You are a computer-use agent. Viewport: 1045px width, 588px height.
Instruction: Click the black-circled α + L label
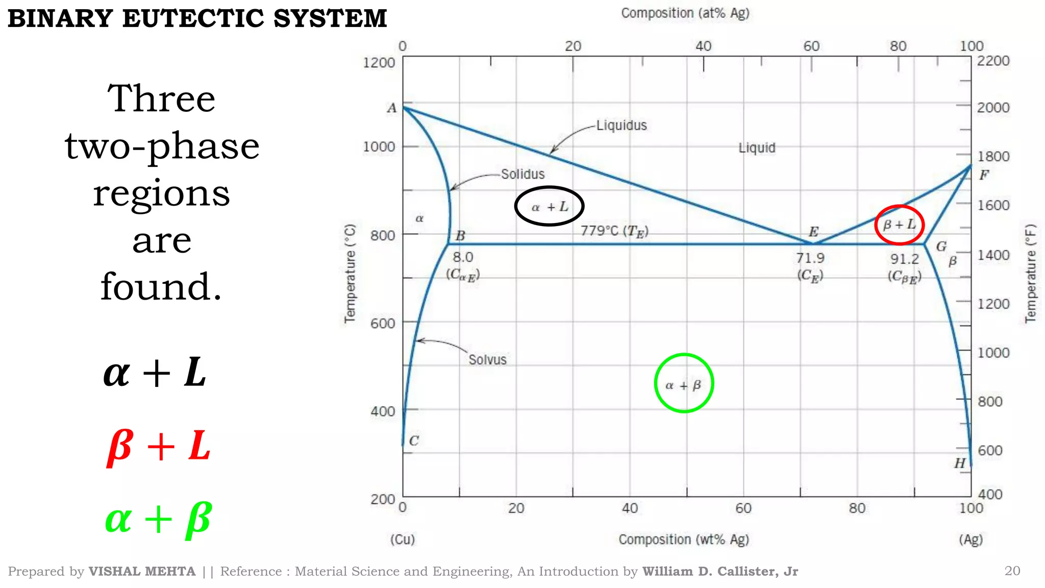[550, 207]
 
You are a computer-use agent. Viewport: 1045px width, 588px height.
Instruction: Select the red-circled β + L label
[900, 225]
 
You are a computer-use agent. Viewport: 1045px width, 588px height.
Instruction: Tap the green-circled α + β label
[684, 384]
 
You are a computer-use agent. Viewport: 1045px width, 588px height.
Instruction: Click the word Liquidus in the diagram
[621, 126]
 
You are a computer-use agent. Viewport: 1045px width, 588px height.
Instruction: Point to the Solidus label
[522, 174]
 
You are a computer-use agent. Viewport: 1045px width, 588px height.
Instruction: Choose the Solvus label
[487, 360]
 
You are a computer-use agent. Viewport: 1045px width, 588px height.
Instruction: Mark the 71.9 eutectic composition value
[810, 258]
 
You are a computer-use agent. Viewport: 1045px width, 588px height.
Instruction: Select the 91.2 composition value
[905, 259]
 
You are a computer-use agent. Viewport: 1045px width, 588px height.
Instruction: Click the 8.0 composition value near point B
[463, 257]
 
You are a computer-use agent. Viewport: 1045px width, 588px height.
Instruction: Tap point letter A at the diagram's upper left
[391, 108]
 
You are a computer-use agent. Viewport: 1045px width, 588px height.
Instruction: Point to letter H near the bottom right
[960, 463]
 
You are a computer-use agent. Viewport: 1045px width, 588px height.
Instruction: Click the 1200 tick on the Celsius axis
[379, 63]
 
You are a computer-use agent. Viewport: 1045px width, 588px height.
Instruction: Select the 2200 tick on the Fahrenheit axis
[993, 61]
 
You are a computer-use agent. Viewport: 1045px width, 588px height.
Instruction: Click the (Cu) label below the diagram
[403, 540]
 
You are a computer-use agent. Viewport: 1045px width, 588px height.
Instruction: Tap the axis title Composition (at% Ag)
[685, 13]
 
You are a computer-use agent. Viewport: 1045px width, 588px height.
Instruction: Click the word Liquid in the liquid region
[757, 148]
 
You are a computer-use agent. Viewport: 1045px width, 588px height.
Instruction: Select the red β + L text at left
[158, 446]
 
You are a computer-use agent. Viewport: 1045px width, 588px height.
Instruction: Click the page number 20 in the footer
[1012, 571]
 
